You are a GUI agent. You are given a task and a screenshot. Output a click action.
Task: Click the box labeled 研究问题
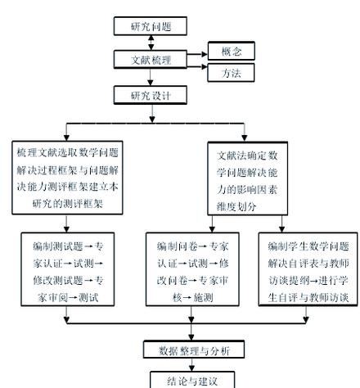[x=151, y=25]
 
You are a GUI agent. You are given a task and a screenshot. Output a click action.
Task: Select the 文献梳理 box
[x=151, y=60]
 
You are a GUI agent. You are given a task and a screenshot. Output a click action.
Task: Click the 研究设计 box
[x=151, y=95]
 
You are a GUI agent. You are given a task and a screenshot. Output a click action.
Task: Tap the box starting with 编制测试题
[x=68, y=271]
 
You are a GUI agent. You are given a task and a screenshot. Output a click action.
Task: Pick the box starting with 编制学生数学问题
[x=308, y=271]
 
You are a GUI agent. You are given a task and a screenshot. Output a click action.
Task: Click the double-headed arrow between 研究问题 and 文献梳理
[x=151, y=43]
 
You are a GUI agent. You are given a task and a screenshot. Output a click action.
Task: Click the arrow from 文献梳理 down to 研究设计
[x=151, y=78]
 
